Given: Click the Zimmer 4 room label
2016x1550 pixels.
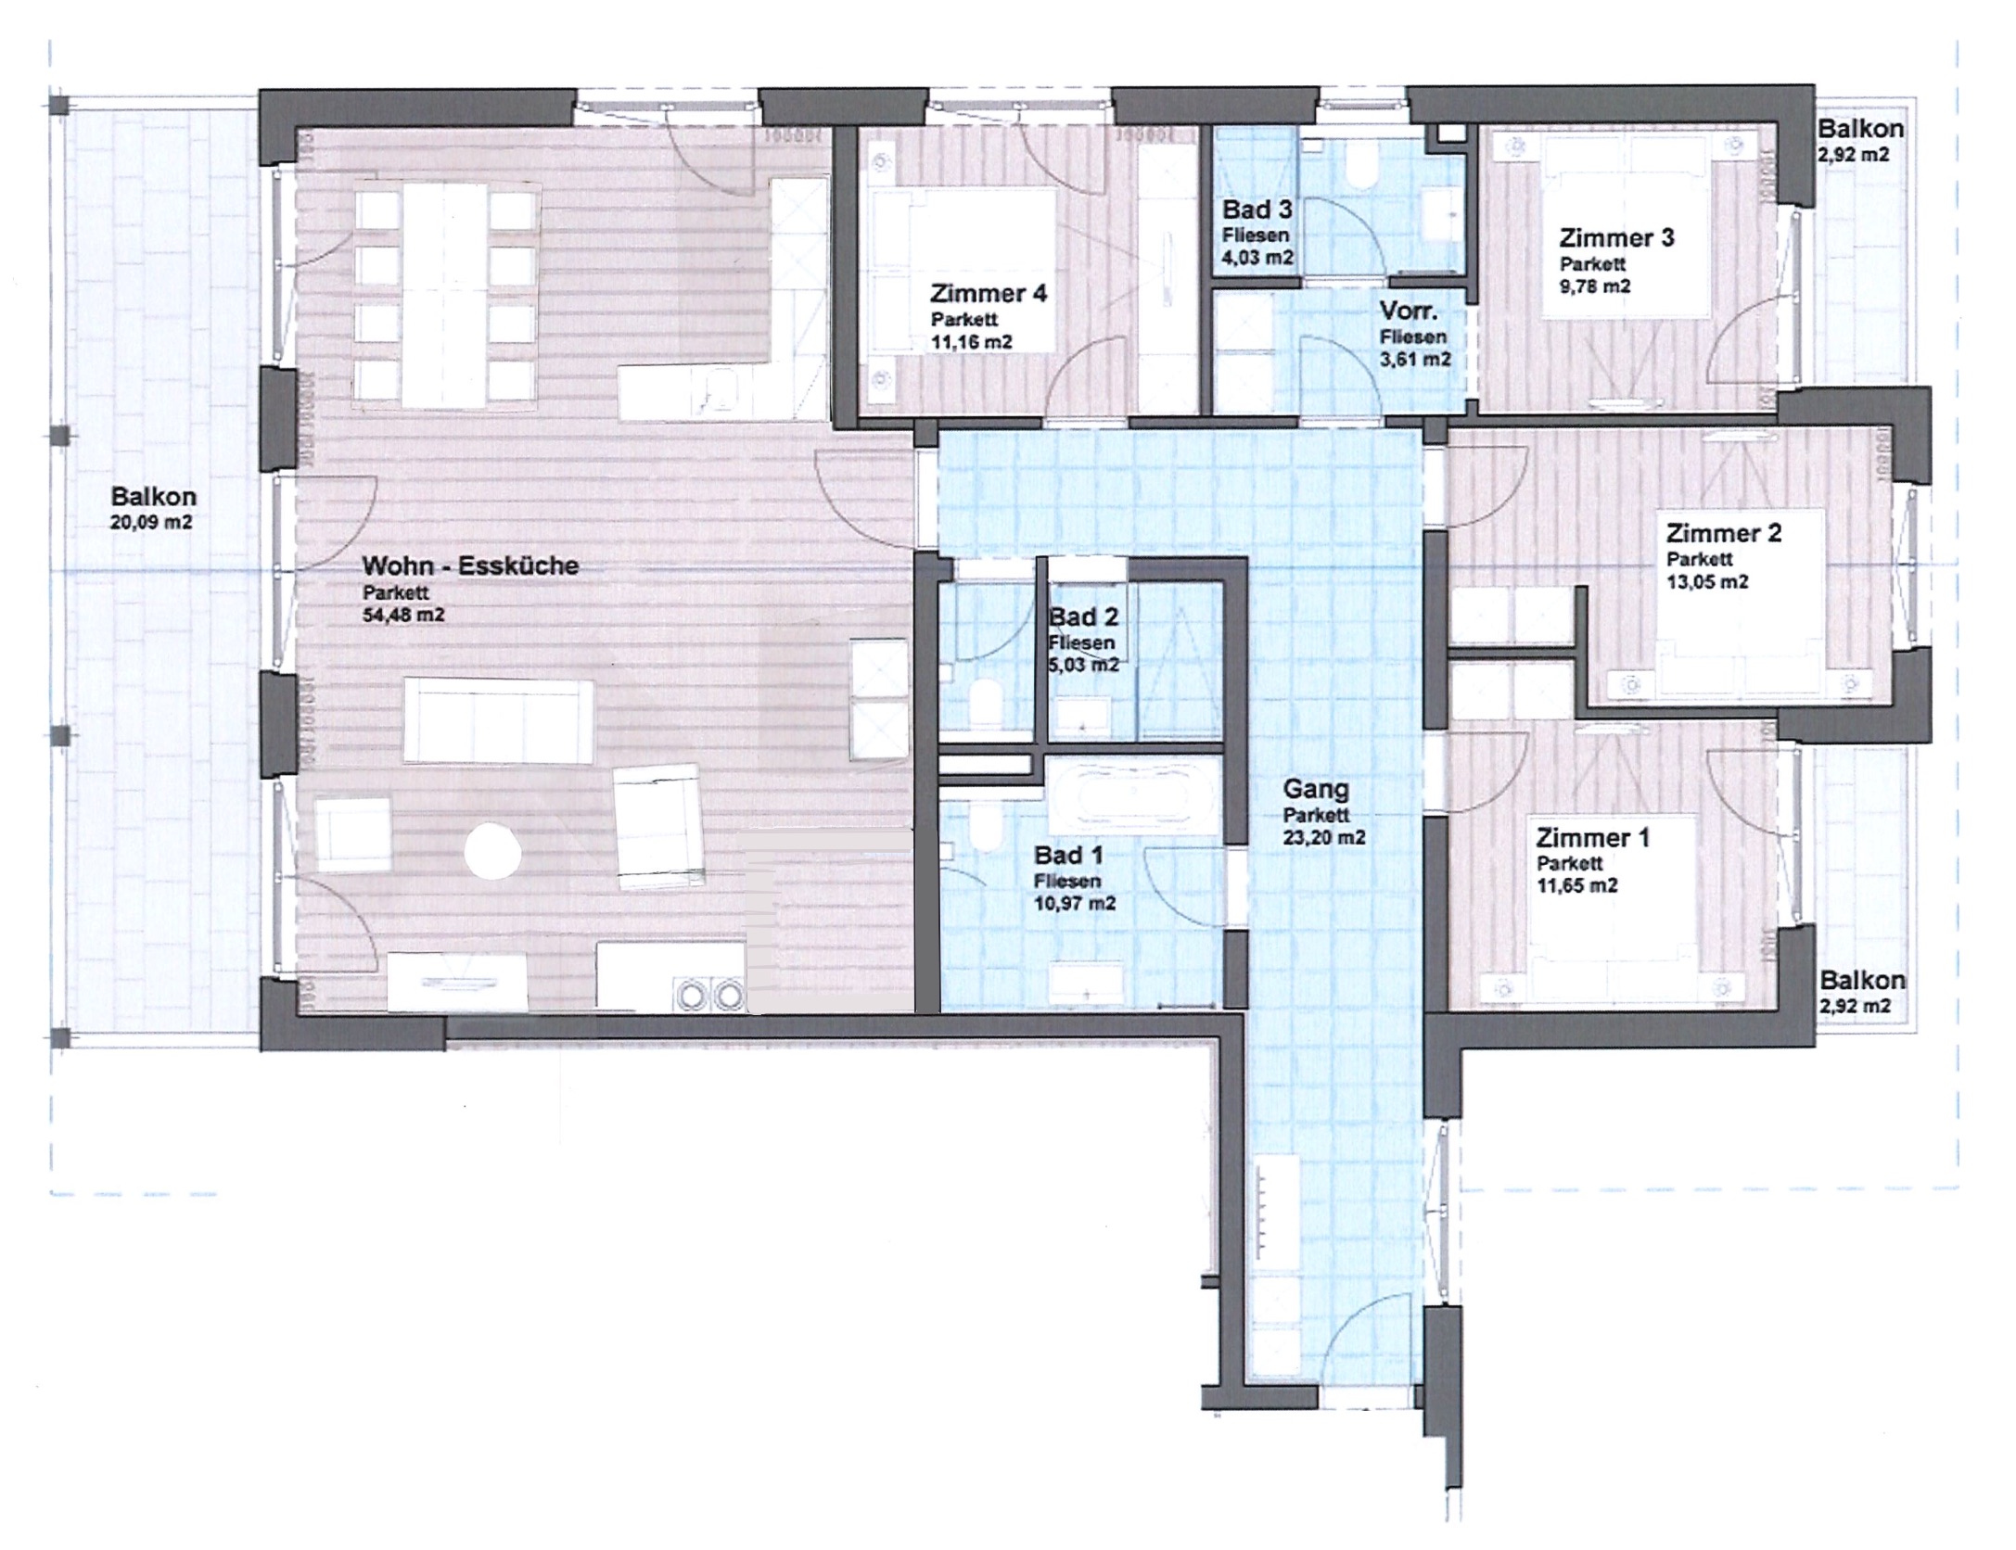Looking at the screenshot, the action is [x=989, y=294].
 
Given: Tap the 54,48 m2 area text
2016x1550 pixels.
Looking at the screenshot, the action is [x=403, y=615].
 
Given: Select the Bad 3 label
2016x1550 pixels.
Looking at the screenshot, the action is [x=1257, y=210].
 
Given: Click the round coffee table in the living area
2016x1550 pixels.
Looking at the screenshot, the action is [x=492, y=851].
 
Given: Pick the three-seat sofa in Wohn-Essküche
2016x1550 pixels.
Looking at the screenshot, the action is [x=499, y=720].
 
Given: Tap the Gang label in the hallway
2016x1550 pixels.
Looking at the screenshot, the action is [x=1316, y=790].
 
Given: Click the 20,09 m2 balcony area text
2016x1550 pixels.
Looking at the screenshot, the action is [x=152, y=523].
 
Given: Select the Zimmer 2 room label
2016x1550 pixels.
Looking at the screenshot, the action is [x=1724, y=533].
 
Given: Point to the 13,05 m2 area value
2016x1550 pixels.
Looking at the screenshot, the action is [x=1707, y=582].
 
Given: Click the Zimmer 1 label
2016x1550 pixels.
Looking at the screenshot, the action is [x=1593, y=838].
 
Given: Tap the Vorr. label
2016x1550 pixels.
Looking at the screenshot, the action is [x=1409, y=311].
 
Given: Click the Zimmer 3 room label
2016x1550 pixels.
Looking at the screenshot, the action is [x=1617, y=238].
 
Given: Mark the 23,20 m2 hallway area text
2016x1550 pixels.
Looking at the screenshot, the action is [x=1324, y=838].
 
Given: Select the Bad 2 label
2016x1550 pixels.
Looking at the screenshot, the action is [x=1083, y=616].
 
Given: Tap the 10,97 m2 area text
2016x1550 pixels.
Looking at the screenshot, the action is [x=1075, y=904].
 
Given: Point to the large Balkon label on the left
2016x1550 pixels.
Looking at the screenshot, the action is [x=153, y=497].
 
